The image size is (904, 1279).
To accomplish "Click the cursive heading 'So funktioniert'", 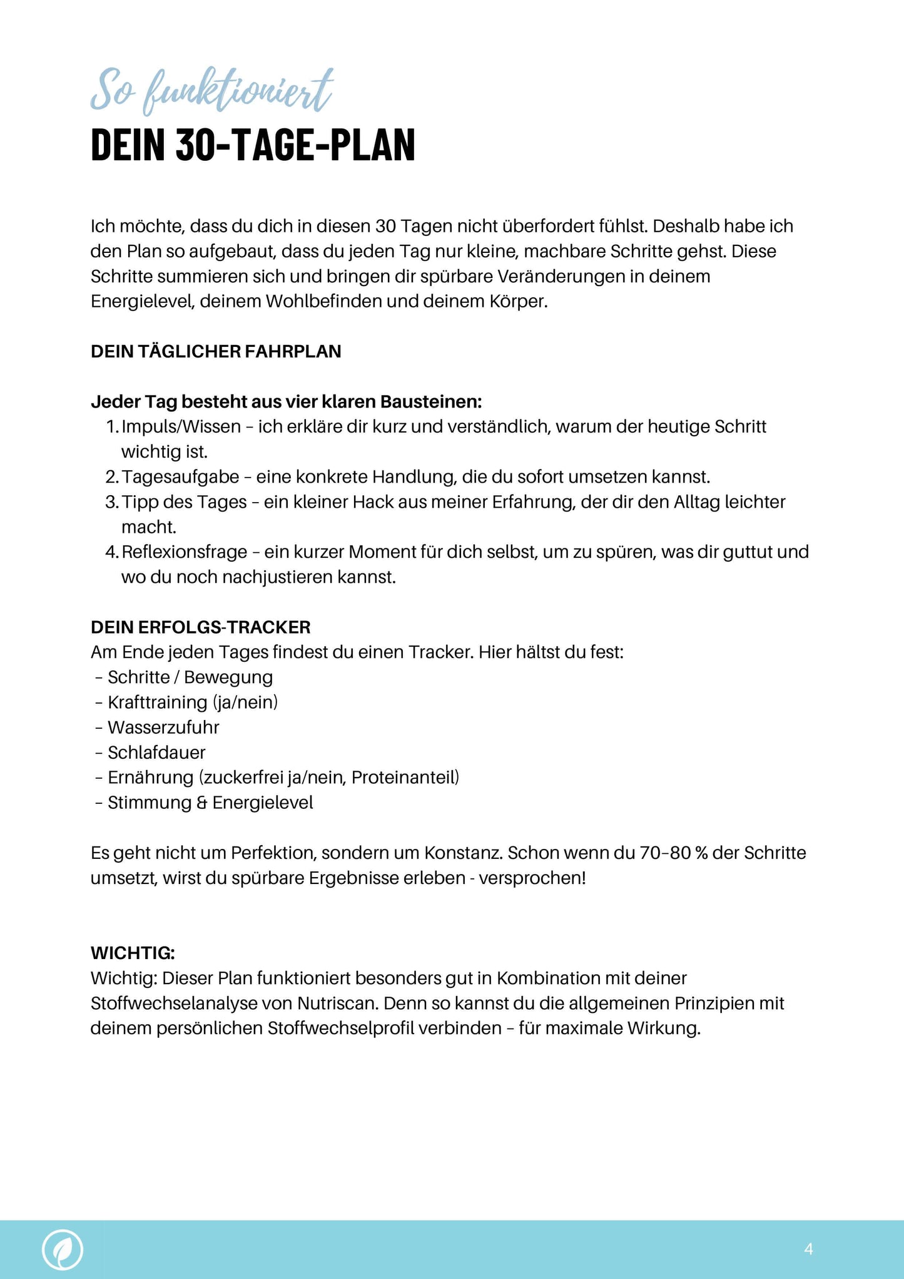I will tap(211, 91).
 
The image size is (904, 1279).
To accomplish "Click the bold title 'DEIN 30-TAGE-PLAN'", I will tap(253, 145).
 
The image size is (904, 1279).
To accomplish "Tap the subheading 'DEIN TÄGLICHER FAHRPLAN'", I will tap(216, 352).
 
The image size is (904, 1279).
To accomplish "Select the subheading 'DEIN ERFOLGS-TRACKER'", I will tap(200, 627).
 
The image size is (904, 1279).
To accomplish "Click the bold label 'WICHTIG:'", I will tap(133, 953).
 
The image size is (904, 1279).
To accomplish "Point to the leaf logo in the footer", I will tap(63, 1249).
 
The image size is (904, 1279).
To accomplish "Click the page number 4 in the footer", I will tap(808, 1249).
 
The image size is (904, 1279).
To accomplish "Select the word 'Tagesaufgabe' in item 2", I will tap(180, 477).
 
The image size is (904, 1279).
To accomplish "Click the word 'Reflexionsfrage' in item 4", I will tap(185, 552).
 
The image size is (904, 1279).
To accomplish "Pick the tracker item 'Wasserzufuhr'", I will tap(163, 727).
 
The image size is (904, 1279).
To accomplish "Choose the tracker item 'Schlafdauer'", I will tap(156, 753).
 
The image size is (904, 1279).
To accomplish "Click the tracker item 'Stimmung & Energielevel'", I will tap(210, 803).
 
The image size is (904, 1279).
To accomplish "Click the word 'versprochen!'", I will tap(532, 878).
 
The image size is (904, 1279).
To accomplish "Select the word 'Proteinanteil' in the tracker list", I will tap(404, 778).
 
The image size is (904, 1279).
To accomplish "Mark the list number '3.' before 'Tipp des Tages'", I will tap(112, 502).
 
